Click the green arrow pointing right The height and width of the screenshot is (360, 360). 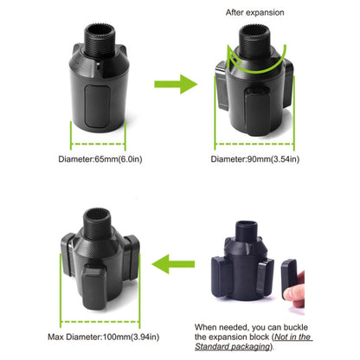(173, 85)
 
